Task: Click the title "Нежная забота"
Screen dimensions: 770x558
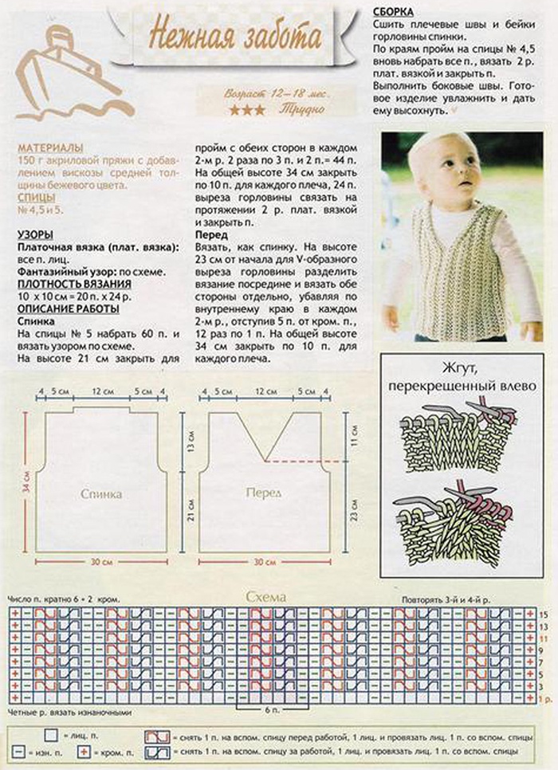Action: coord(235,37)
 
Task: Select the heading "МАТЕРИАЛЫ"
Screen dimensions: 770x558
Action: coord(50,148)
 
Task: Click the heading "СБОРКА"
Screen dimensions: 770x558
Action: coord(392,12)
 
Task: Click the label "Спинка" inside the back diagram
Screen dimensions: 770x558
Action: coord(102,494)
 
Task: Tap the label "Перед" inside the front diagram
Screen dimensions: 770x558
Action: coord(263,493)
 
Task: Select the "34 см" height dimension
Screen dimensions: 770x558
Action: coord(26,481)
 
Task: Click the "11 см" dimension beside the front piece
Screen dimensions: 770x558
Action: coord(356,435)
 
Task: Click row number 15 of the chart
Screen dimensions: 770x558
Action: coord(544,615)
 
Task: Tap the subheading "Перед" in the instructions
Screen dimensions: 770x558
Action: coord(211,236)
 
